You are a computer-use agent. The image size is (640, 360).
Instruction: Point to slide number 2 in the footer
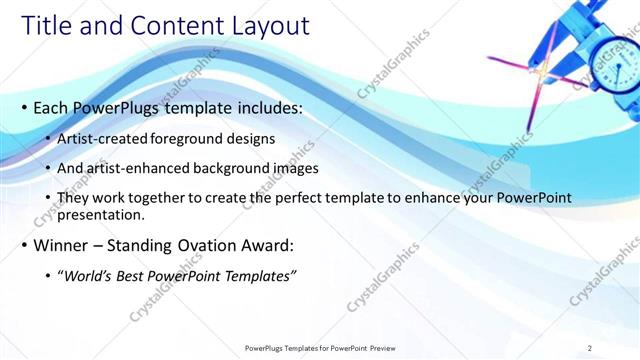tap(590, 348)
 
